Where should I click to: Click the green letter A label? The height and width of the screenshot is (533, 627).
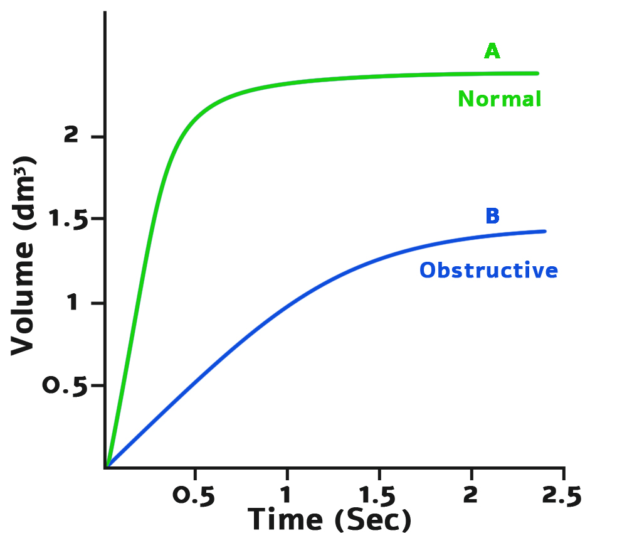[492, 51]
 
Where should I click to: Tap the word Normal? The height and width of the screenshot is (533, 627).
[499, 99]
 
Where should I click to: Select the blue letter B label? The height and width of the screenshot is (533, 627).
[492, 216]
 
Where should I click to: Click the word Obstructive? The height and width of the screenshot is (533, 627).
[488, 270]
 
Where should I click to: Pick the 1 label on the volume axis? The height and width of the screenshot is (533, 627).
[73, 304]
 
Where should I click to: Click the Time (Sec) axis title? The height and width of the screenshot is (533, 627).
[329, 519]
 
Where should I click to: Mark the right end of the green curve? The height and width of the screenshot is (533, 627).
[537, 73]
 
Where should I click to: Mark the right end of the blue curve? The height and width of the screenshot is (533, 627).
[545, 232]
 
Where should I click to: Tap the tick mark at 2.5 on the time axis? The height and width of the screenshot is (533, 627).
[564, 472]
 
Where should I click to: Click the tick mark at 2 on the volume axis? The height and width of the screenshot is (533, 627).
[100, 136]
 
